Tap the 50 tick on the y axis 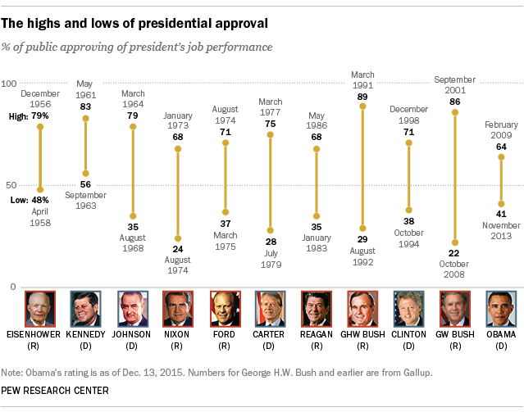coord(12,186)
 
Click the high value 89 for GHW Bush coord(362,96)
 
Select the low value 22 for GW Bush coord(453,254)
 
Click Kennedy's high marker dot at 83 coord(86,119)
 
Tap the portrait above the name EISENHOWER coord(40,309)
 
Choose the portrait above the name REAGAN coord(316,309)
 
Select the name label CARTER coord(270,334)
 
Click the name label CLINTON coord(408,334)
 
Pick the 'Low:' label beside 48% coord(19,200)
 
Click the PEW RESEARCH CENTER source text coord(56,390)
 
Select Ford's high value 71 coord(224,131)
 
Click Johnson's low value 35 coord(132,228)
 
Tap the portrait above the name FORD coord(224,309)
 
